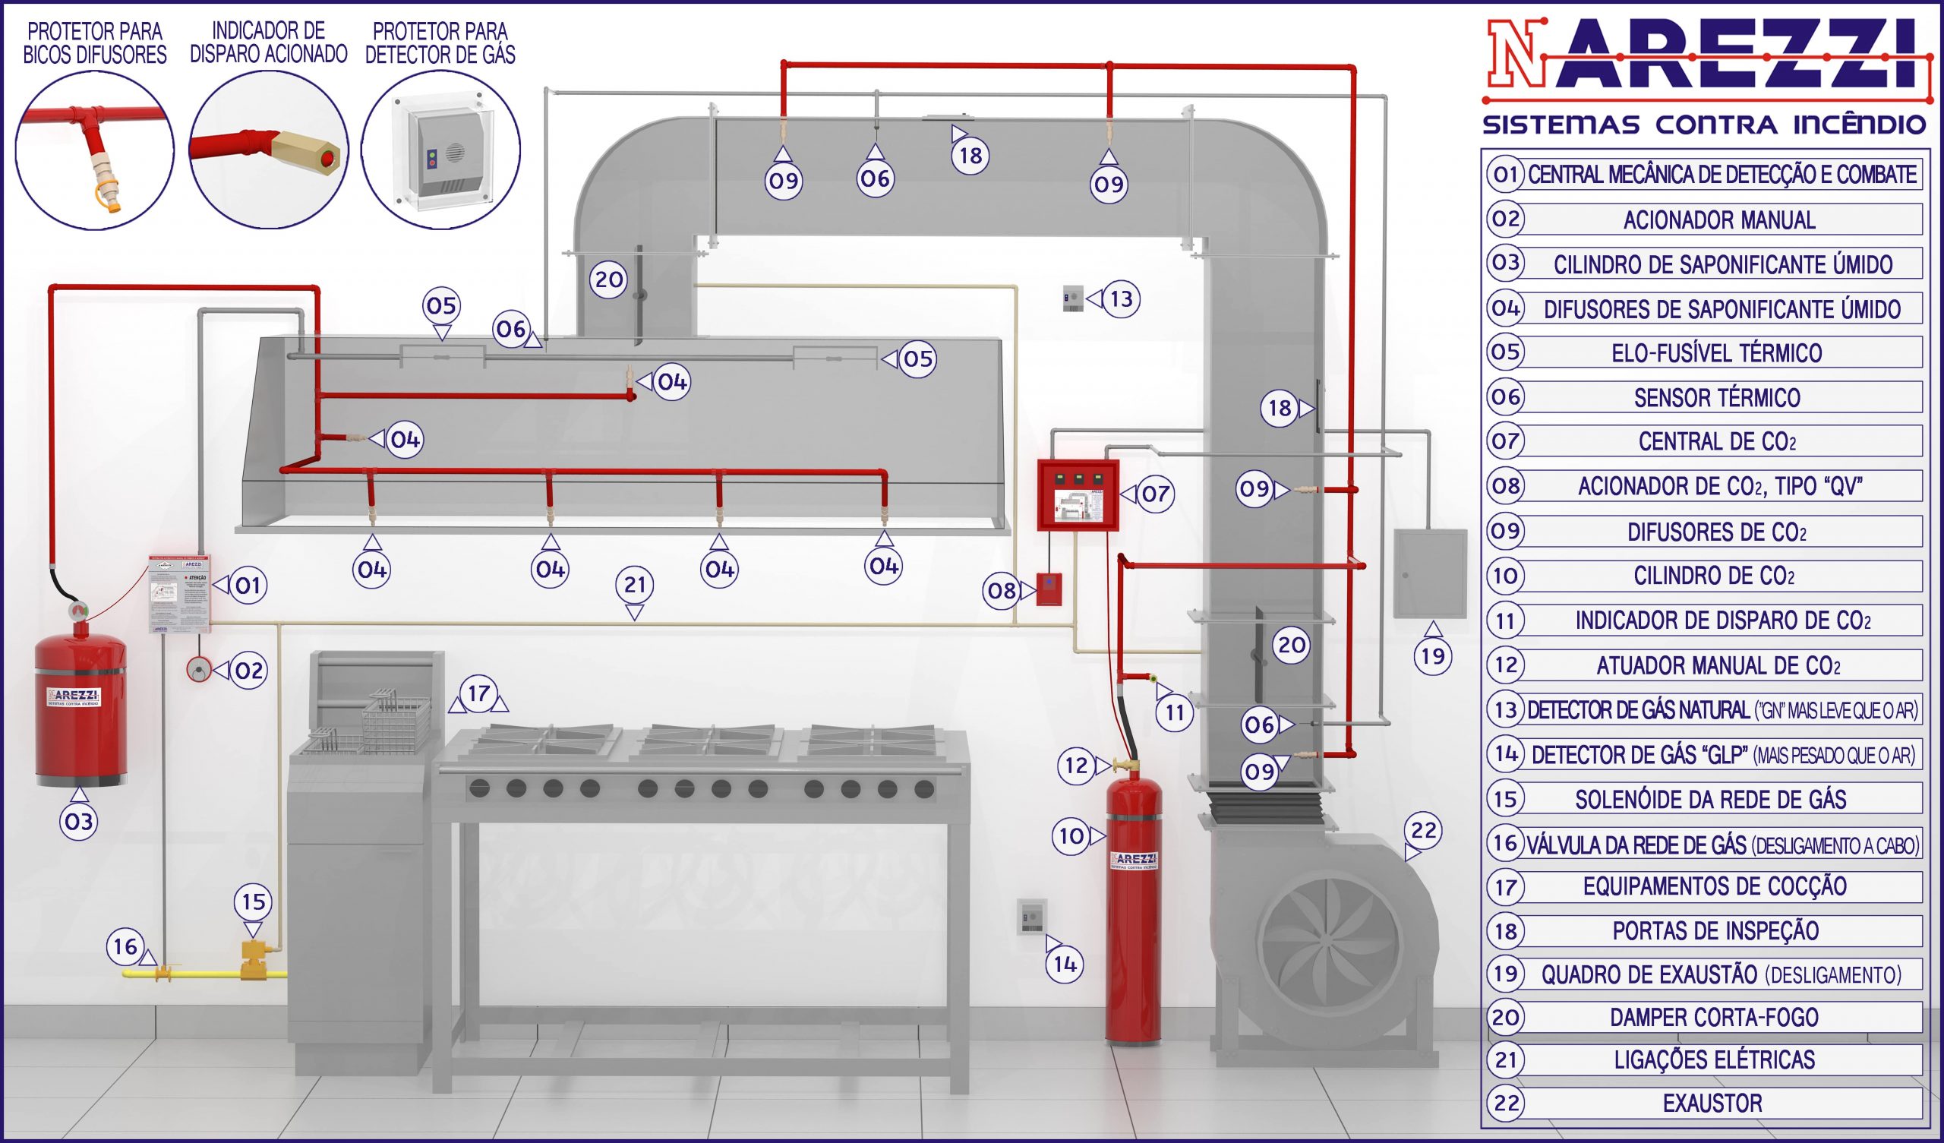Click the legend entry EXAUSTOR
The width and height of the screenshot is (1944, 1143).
(x=1712, y=1104)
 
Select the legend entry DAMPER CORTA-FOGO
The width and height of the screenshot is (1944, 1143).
(x=1713, y=1017)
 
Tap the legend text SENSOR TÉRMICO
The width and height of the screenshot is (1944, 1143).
(x=1716, y=397)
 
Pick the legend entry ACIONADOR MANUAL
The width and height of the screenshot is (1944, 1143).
(x=1718, y=220)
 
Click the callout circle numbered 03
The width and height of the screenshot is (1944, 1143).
(x=79, y=821)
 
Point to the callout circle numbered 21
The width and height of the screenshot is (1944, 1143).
(x=635, y=584)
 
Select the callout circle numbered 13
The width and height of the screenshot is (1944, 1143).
(x=1121, y=298)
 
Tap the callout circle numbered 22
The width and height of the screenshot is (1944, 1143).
(x=1423, y=830)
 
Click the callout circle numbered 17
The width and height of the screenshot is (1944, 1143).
(x=479, y=693)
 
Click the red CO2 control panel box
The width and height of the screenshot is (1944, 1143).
(x=1078, y=495)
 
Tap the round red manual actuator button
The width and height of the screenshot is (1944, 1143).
(x=199, y=670)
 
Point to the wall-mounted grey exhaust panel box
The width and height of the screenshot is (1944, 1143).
(x=1429, y=573)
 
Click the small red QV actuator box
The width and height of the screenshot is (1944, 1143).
(x=1049, y=589)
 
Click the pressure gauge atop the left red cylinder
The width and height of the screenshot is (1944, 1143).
(x=79, y=610)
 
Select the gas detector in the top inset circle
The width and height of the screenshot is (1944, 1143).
(x=440, y=150)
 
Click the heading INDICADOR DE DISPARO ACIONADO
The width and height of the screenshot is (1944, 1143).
(x=269, y=43)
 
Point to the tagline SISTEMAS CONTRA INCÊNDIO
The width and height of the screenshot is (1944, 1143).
(x=1704, y=124)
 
